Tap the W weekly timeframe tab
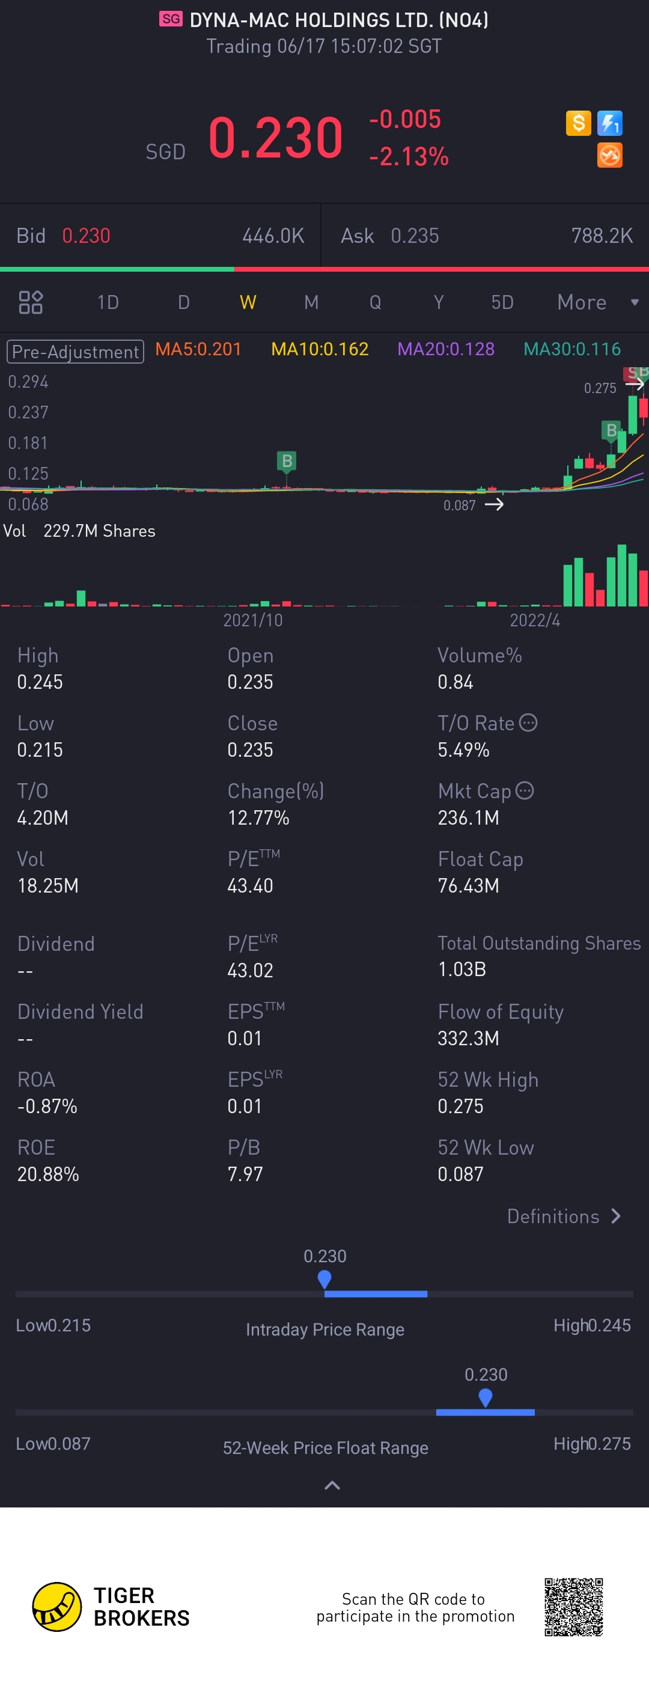point(248,302)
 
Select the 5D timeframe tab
point(502,302)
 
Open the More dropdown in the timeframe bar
point(596,302)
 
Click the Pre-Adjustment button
point(75,351)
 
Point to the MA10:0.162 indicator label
point(320,349)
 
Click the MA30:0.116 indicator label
point(571,349)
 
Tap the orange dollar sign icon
point(578,123)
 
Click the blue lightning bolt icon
point(609,123)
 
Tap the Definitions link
point(564,1216)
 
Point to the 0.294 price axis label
point(28,382)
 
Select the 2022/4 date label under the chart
point(534,620)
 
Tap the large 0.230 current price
point(275,138)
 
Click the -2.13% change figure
point(409,157)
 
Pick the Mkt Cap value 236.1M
point(468,817)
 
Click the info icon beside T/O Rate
point(528,722)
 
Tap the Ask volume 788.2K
point(602,236)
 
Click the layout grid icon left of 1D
point(31,302)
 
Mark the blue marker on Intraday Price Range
point(324,1279)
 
